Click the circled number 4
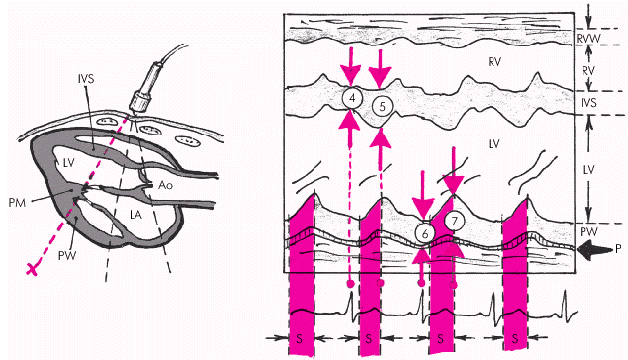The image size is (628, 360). click(x=352, y=99)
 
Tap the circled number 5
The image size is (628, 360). click(x=382, y=107)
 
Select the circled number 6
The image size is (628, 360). click(x=425, y=233)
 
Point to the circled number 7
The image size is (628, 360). click(x=454, y=221)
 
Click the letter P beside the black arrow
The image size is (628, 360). click(x=618, y=249)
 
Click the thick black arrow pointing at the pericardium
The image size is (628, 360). click(x=593, y=249)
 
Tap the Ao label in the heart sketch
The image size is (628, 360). click(x=166, y=185)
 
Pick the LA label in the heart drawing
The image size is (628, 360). click(x=135, y=215)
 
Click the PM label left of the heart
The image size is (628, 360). click(x=17, y=202)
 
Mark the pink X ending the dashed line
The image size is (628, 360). click(x=33, y=269)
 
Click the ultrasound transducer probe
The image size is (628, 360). click(x=144, y=88)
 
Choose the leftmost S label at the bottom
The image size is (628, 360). click(x=299, y=339)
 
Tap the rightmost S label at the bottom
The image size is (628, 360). click(x=515, y=339)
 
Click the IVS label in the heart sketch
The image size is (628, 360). click(x=86, y=78)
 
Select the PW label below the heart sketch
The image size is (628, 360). click(x=67, y=255)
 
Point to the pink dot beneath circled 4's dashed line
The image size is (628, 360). click(x=350, y=284)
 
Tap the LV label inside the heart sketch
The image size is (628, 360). click(x=68, y=163)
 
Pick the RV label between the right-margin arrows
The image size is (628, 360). click(x=588, y=71)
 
